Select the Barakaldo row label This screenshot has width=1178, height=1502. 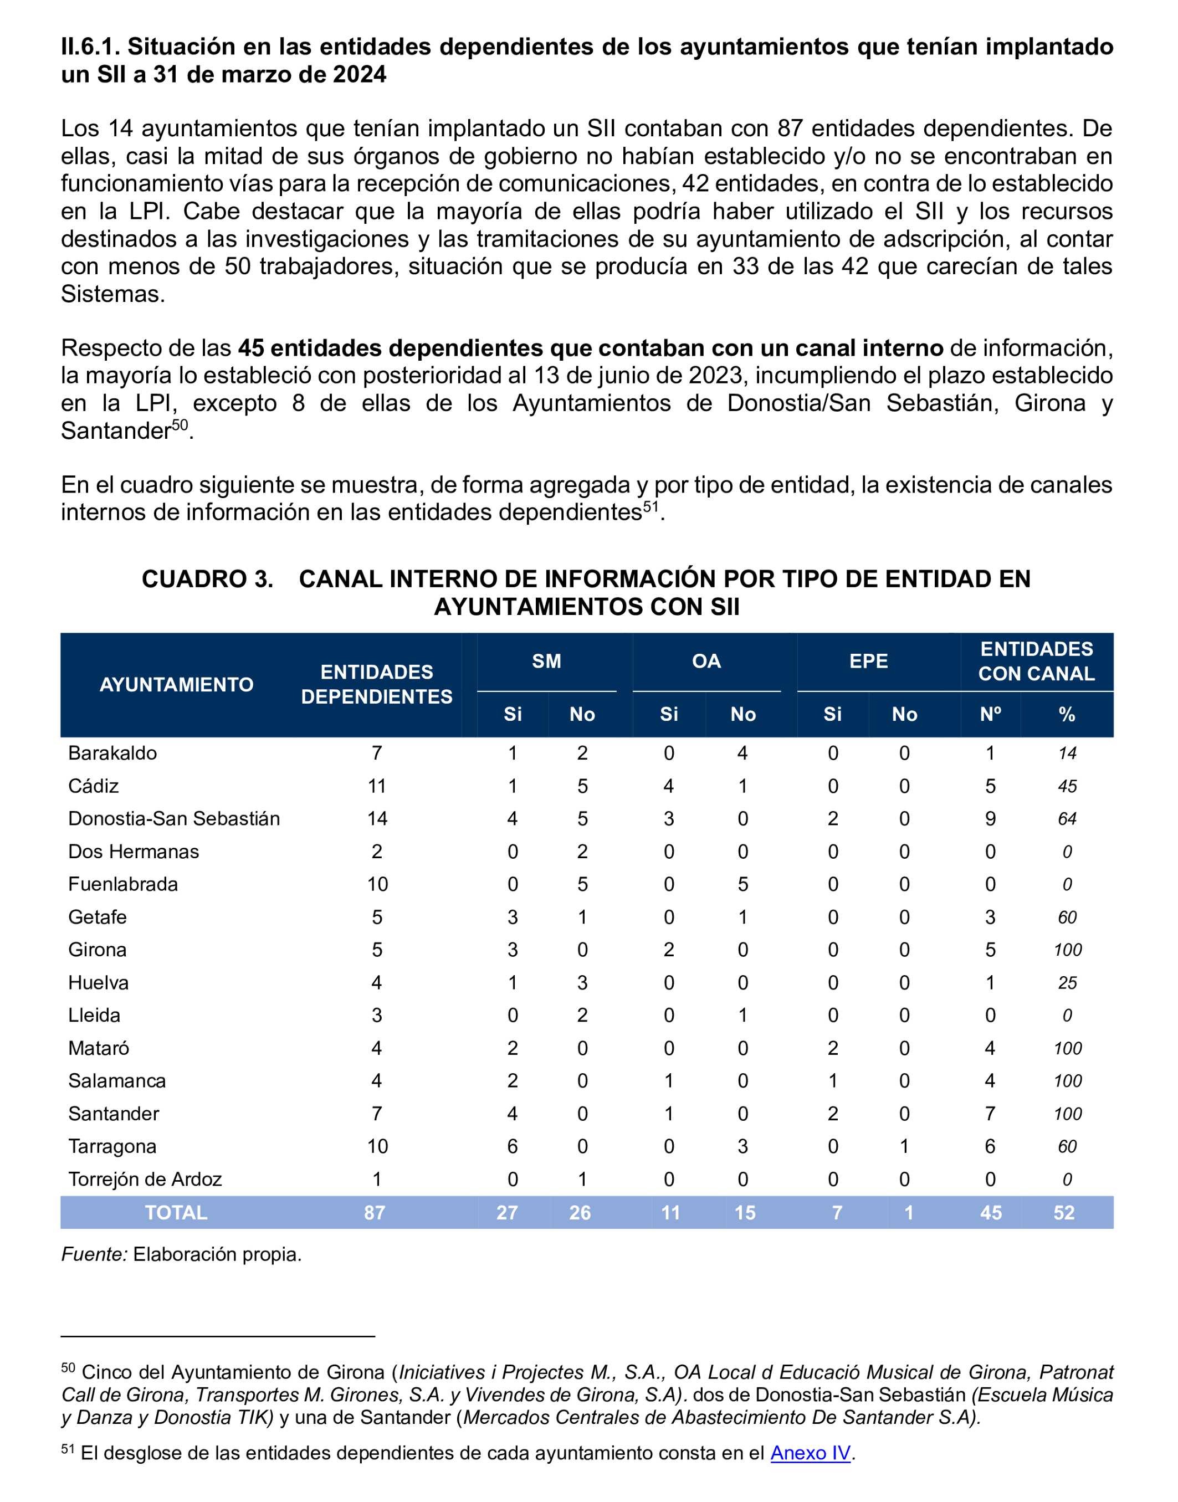tap(112, 753)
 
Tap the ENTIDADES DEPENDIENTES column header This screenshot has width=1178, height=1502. tap(377, 684)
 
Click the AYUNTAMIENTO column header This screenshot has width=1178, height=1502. tap(177, 685)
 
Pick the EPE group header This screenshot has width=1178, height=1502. tap(868, 662)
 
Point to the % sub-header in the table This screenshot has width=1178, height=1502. tap(1067, 715)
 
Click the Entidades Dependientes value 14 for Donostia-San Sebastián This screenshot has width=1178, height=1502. tap(377, 818)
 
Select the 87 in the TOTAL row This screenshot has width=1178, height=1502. tap(375, 1213)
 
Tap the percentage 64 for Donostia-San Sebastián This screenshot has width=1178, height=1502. tap(1067, 818)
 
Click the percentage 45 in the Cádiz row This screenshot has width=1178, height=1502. tap(1067, 786)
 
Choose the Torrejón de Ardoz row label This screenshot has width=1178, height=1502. tap(145, 1179)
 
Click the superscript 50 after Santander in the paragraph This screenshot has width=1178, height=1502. tap(180, 425)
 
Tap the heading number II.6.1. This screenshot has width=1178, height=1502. tap(90, 47)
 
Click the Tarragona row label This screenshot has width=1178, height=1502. tap(112, 1147)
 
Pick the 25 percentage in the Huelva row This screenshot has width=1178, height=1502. tap(1067, 983)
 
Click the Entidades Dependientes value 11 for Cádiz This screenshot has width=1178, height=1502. tap(377, 786)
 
